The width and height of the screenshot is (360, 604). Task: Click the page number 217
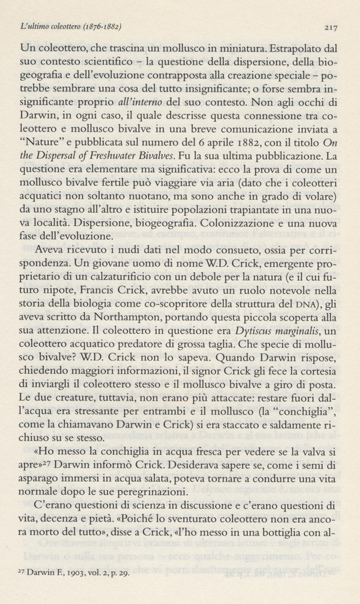tap(330, 27)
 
